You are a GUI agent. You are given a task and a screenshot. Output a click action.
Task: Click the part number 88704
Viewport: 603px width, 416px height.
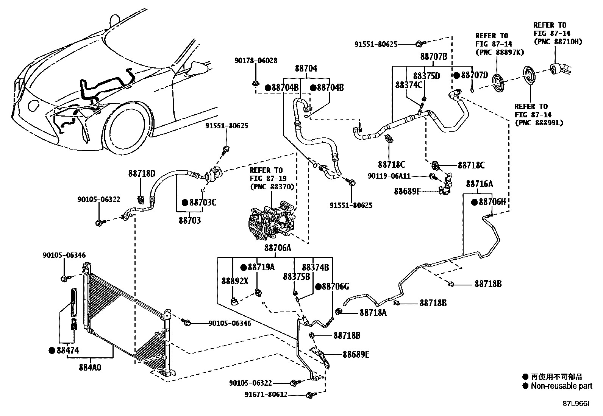[x=306, y=69]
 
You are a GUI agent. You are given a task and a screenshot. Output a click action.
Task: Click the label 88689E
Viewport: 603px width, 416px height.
[x=356, y=355]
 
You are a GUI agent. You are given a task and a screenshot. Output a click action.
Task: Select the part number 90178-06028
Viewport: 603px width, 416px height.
[x=255, y=61]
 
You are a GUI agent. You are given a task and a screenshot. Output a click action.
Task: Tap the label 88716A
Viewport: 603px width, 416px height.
[x=479, y=184]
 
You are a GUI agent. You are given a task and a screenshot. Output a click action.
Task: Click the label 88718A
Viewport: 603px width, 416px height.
[x=373, y=313]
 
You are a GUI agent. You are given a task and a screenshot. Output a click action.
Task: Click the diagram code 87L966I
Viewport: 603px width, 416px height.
[x=576, y=404]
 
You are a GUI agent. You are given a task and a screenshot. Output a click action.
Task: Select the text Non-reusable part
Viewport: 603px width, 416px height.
[x=561, y=386]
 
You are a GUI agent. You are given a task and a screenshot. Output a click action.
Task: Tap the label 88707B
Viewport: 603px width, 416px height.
[x=434, y=57]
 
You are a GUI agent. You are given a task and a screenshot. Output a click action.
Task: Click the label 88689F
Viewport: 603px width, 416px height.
[x=407, y=191]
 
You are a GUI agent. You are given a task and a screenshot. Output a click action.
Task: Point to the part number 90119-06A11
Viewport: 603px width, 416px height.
[x=389, y=176]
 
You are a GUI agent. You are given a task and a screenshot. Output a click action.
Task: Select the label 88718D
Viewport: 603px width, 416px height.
[x=142, y=174]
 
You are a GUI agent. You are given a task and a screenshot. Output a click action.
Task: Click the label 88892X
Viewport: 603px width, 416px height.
[x=235, y=281]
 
